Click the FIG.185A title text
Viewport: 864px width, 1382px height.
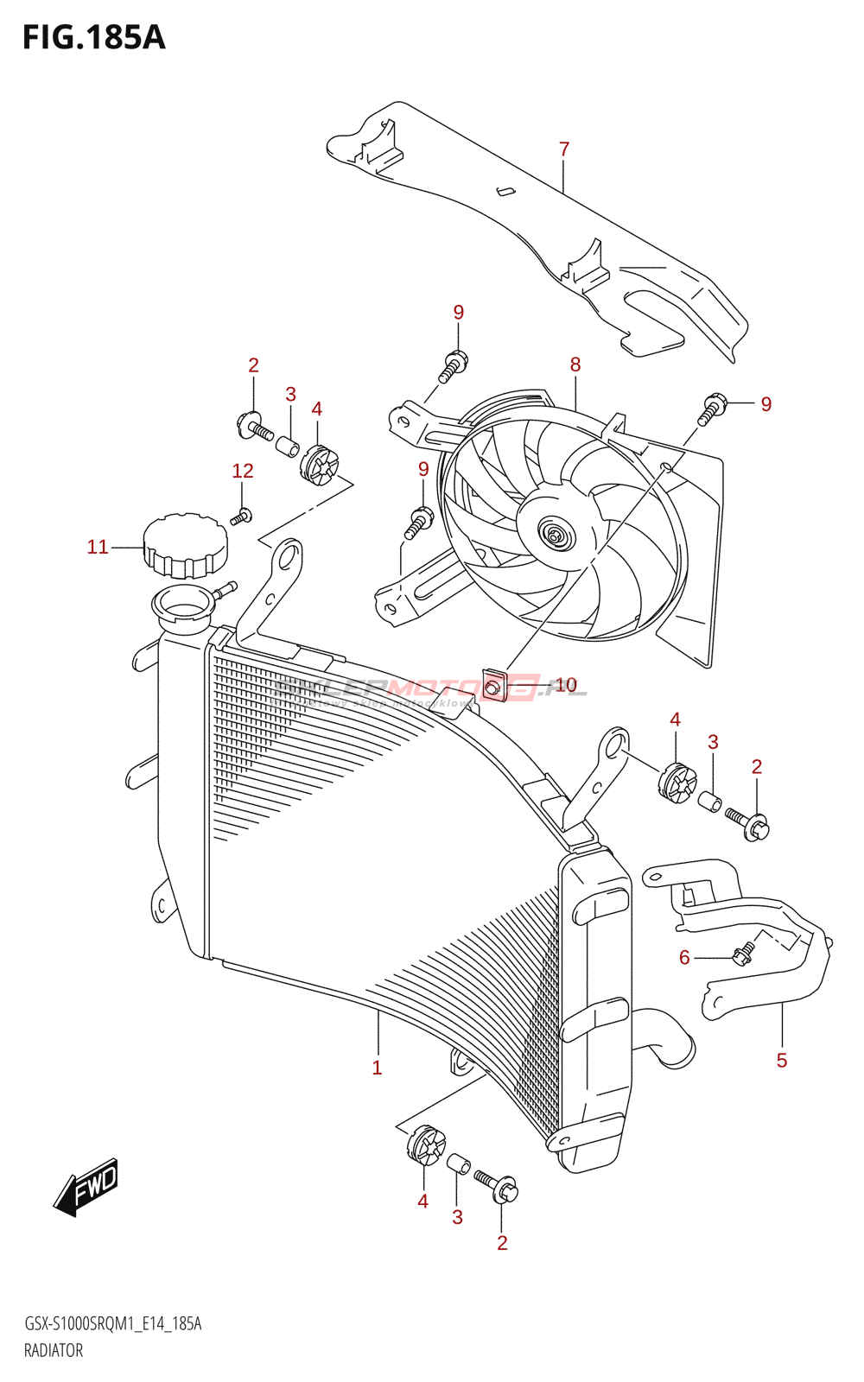(x=93, y=37)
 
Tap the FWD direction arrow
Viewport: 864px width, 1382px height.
(x=86, y=1187)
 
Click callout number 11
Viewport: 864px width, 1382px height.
(x=98, y=547)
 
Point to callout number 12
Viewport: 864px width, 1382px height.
(x=243, y=471)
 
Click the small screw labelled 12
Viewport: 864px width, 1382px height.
(x=241, y=517)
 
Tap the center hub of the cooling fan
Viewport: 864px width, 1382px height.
(x=554, y=536)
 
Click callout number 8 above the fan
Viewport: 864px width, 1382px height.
(x=575, y=365)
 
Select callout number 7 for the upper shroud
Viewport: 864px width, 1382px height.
(x=564, y=149)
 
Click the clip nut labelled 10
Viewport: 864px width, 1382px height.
(x=493, y=686)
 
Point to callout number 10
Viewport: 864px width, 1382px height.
(x=565, y=685)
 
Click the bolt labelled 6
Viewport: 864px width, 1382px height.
(x=742, y=954)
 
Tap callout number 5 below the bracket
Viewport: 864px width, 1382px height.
(x=782, y=1061)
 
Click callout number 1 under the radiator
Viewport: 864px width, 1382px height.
(x=377, y=1068)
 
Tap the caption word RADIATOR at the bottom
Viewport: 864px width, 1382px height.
(x=54, y=1351)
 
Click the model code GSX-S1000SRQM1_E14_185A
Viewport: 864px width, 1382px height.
(x=113, y=1324)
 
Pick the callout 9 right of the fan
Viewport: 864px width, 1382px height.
(x=766, y=404)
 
